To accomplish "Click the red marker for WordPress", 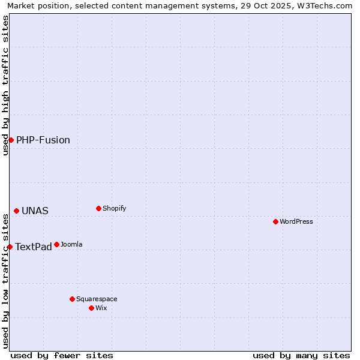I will tap(275, 221).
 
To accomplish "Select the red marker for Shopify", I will tap(98, 208).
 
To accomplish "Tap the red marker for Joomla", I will tap(56, 244).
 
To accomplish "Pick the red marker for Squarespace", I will tap(72, 299).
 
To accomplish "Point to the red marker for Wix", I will tap(91, 308).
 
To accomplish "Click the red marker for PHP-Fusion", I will tap(11, 140).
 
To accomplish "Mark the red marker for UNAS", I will tap(16, 211).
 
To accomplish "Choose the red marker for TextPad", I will tap(10, 247).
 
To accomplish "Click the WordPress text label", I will tap(296, 221).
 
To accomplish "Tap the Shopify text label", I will tap(114, 208).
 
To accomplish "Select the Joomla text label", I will tap(71, 244).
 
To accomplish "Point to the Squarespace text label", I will tap(97, 299).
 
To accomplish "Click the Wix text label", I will tap(101, 308).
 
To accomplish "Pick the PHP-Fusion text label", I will tap(43, 140).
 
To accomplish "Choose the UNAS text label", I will tap(35, 211).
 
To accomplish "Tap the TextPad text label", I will tap(34, 247).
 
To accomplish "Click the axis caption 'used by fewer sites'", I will tap(62, 355).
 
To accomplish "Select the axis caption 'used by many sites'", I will tap(301, 355).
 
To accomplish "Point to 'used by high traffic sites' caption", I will tap(5, 85).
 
